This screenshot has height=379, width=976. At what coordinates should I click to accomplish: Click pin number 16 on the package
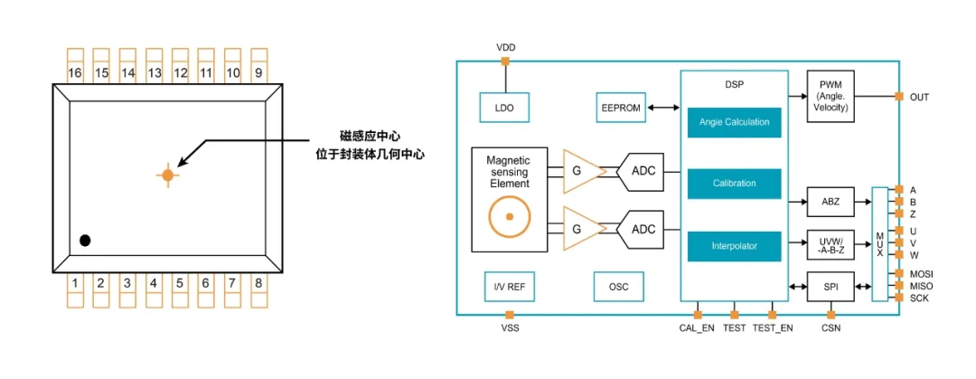75,71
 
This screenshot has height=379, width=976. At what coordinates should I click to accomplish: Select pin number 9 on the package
259,71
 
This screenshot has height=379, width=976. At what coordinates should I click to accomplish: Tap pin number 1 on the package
75,284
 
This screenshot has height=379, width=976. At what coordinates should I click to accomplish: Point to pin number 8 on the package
259,284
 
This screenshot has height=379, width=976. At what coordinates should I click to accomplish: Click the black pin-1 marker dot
85,241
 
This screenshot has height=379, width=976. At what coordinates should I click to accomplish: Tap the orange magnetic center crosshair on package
167,175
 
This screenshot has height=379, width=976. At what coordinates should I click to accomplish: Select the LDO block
504,108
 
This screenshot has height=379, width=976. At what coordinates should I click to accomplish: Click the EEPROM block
621,108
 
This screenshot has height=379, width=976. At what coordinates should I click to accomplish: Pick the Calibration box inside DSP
734,184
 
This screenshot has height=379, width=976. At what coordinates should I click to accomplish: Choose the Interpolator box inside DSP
734,246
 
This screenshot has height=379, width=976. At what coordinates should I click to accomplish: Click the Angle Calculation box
734,122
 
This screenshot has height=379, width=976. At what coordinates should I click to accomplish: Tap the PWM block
831,96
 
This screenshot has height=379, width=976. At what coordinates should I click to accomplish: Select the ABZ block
831,202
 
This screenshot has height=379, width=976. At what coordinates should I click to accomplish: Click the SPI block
831,287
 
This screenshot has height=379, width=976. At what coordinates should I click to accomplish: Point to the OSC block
618,288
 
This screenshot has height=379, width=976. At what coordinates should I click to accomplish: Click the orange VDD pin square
505,62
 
